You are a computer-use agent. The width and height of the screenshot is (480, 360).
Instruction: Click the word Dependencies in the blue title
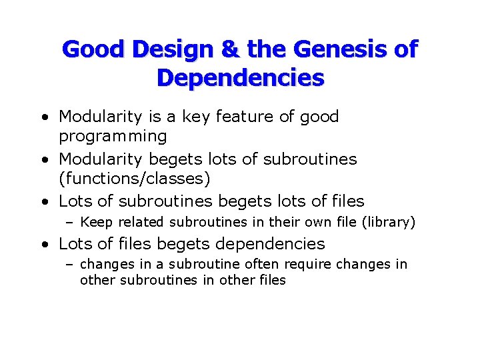coord(240,78)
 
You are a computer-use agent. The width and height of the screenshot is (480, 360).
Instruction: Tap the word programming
coord(113,137)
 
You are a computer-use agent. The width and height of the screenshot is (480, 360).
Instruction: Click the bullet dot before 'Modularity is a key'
coord(43,118)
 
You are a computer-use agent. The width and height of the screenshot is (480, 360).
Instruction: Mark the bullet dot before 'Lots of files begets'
coord(43,245)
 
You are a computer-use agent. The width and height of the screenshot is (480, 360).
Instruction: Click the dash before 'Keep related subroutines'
coord(70,223)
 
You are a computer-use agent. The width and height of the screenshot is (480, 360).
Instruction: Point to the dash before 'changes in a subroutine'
coord(70,265)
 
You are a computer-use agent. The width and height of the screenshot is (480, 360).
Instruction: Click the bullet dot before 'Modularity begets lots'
coord(43,161)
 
